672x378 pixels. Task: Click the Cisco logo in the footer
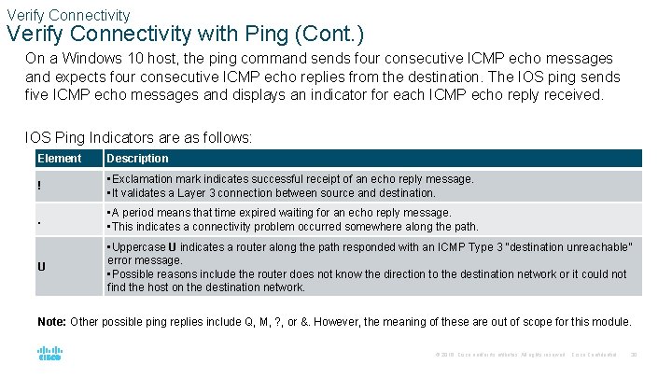click(49, 354)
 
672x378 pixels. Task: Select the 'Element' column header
click(59, 159)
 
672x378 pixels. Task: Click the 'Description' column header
click(138, 159)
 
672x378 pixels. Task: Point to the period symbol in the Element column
click(39, 223)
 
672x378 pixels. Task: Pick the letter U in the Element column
click(42, 267)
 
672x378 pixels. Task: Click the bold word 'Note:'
click(52, 322)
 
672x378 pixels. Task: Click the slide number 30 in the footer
click(635, 355)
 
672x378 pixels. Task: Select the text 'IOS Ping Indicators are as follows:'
click(139, 137)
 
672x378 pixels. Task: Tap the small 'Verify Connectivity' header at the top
click(68, 15)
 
